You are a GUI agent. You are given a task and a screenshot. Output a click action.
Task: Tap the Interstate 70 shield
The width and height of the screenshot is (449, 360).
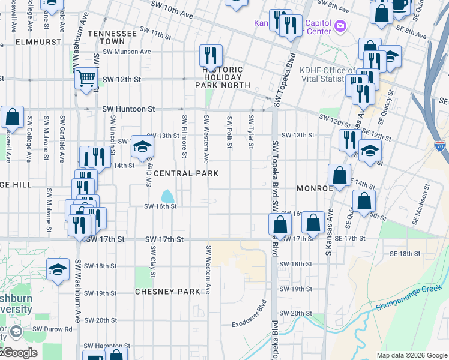coord(440,146)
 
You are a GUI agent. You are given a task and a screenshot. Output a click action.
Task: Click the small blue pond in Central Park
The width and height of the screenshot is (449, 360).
coord(167,196)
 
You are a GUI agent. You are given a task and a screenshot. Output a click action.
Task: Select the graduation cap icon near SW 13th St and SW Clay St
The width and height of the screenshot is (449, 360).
coord(142,146)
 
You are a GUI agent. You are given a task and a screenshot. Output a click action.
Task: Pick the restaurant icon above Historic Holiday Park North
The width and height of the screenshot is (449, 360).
coord(211,56)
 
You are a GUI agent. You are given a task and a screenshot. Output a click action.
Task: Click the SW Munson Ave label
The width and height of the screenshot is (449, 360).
coord(129,52)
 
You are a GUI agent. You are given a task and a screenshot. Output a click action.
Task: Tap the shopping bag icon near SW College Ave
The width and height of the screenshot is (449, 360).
coord(12,118)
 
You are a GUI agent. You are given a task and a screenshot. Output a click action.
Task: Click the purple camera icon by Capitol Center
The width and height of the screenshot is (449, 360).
coord(340,25)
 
